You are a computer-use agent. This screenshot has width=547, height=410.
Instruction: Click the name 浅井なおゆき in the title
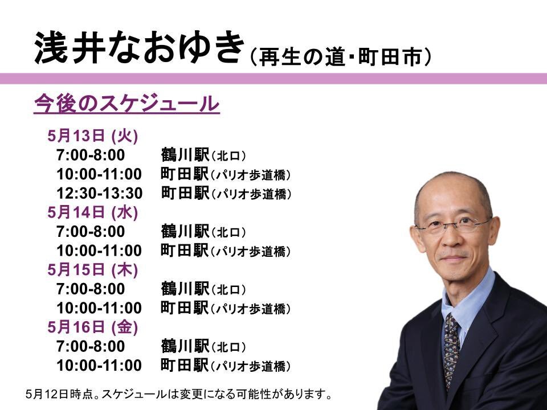139,48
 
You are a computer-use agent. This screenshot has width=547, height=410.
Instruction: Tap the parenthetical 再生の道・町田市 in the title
341,56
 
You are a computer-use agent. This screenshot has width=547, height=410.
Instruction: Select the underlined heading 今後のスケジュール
126,104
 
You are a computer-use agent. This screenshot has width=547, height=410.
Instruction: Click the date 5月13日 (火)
93,136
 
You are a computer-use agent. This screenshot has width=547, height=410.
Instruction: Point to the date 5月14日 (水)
93,212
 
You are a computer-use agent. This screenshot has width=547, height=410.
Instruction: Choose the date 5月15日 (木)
93,269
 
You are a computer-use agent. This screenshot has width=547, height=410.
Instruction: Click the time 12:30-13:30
99,193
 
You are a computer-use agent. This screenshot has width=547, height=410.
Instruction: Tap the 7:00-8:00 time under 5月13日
91,155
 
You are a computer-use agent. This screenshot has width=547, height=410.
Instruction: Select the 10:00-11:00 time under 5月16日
99,366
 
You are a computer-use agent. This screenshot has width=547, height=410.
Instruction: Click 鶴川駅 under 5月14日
185,232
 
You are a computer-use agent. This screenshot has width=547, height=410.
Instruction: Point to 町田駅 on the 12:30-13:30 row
185,193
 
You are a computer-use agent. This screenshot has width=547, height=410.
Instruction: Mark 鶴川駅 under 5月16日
185,346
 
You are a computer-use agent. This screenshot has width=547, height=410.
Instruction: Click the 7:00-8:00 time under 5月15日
91,289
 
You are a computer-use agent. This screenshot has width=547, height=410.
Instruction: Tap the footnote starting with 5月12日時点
178,394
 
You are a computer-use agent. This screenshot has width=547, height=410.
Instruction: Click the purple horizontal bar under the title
273,79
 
